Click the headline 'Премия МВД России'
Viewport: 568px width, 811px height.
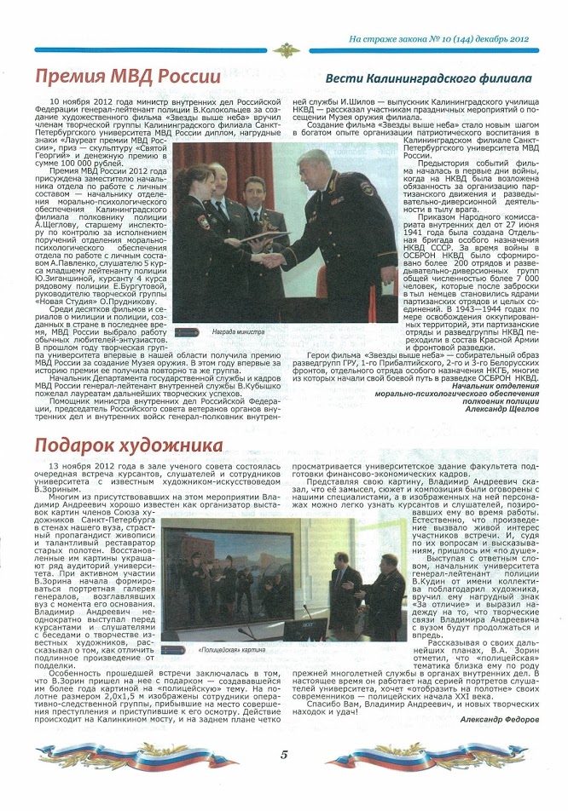128,77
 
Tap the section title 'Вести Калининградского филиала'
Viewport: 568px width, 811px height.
429,78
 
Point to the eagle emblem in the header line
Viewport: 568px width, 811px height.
284,50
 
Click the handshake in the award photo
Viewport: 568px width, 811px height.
271,258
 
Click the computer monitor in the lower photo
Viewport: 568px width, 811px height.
304,629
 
